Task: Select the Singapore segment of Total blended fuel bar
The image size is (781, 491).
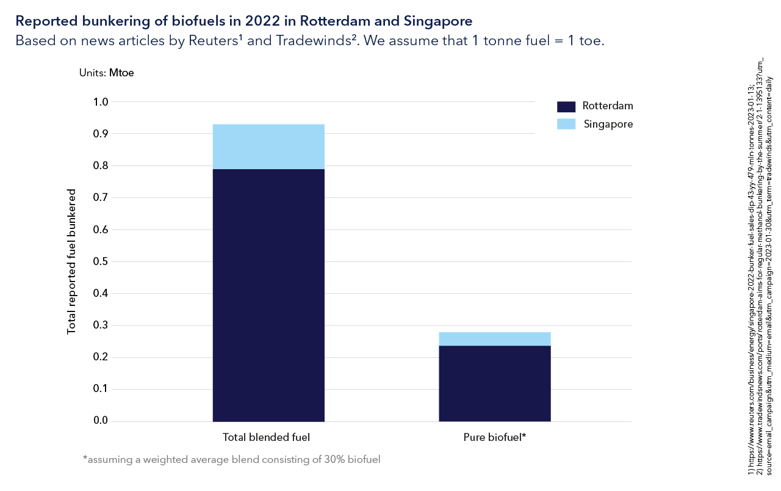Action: [268, 147]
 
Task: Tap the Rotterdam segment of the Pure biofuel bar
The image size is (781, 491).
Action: [495, 384]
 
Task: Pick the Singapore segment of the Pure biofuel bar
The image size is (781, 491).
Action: [495, 339]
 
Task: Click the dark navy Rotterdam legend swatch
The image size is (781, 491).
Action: [566, 106]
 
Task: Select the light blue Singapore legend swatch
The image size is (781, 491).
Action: [566, 124]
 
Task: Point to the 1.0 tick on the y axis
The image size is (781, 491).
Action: [99, 102]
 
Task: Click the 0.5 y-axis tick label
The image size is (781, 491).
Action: [99, 261]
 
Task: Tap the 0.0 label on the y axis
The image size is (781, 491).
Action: [99, 421]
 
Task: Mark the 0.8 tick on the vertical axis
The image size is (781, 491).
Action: [99, 165]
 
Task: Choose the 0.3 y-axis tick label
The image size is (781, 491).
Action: [99, 326]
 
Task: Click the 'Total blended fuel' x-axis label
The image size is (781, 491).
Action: [266, 437]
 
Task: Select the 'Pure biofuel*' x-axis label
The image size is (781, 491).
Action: [494, 437]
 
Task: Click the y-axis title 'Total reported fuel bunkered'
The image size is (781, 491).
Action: [72, 261]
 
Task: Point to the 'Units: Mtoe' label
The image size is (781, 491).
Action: [106, 73]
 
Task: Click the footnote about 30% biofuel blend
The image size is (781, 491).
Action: [231, 459]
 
